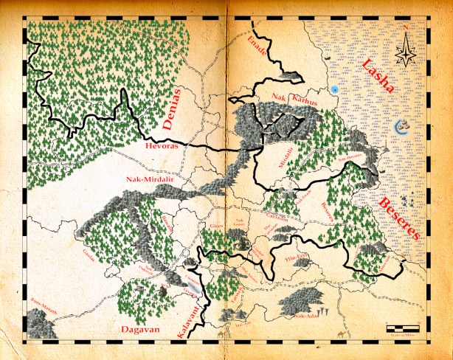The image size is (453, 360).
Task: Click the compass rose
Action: pos(405,49)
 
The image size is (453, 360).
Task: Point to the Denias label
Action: pos(172,117)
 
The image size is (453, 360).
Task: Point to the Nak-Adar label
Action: pos(306,316)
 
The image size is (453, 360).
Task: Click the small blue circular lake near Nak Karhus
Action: pos(335,89)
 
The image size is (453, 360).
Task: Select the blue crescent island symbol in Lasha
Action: pos(402,126)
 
